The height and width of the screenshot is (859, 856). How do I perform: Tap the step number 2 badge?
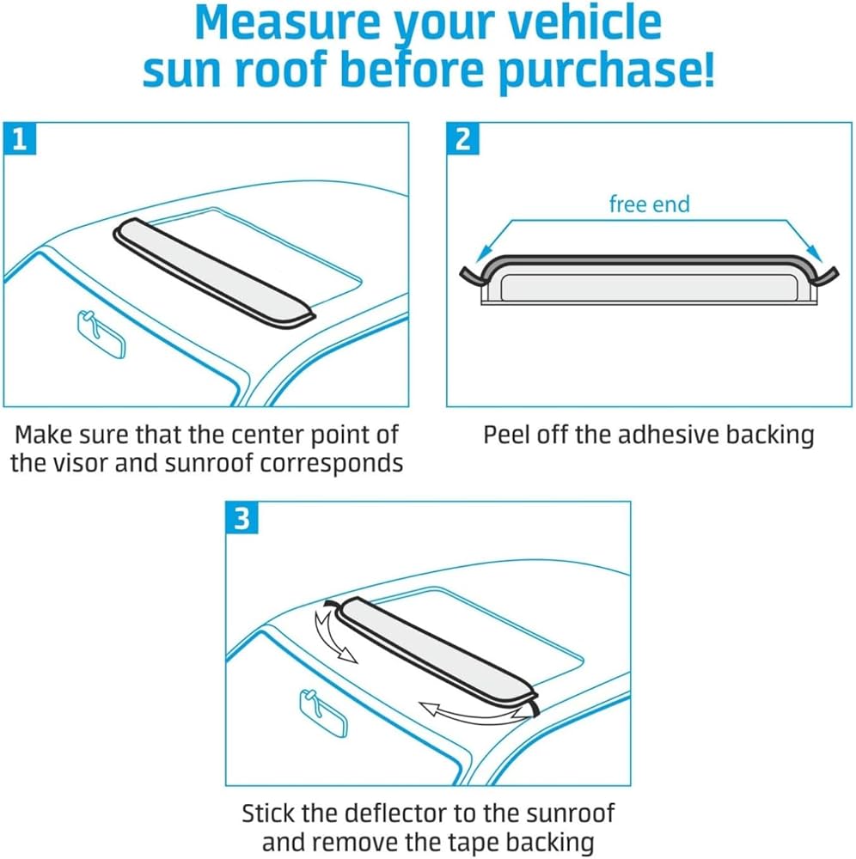pos(463,139)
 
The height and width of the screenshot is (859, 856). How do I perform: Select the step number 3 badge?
pos(242,520)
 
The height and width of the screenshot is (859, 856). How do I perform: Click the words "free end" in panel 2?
pos(649,204)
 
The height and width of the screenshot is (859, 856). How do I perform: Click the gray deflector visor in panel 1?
pos(215,272)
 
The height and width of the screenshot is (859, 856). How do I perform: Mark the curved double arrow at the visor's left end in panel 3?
pos(332,634)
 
